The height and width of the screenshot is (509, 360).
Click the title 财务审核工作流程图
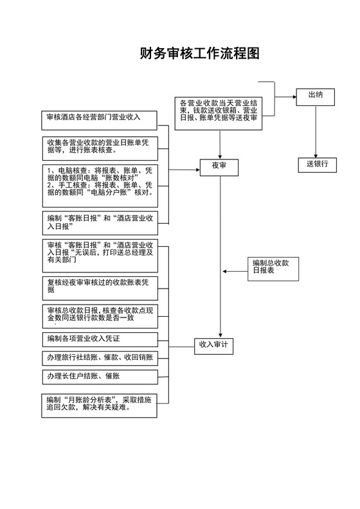199,53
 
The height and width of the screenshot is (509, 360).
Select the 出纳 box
315,96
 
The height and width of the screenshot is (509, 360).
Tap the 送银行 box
317,165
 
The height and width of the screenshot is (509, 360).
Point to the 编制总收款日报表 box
273,268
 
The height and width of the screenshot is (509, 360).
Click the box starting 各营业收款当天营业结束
219,111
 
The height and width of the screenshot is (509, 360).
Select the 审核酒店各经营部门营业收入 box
100,118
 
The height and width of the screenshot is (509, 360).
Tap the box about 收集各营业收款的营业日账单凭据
100,146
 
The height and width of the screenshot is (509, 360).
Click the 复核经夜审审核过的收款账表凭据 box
100,287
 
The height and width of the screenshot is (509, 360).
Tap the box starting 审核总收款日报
100,315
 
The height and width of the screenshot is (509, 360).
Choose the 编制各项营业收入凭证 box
100,339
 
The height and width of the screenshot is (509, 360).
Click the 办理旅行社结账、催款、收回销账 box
100,357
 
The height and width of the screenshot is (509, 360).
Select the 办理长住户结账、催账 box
100,376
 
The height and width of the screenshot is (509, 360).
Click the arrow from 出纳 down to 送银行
316,132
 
